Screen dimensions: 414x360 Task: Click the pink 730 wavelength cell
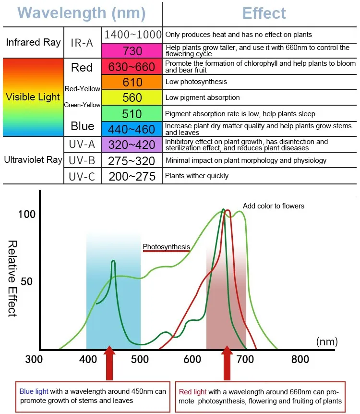[132, 50]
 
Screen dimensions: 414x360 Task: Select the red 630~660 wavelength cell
[132, 67]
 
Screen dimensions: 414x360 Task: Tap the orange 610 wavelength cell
[132, 82]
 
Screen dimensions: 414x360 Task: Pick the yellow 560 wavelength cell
[132, 98]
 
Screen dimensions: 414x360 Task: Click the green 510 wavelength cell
[132, 114]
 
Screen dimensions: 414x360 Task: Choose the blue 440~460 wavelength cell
[132, 129]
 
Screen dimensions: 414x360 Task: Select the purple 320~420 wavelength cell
[132, 145]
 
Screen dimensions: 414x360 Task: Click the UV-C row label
[82, 176]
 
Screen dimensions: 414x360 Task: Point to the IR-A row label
[82, 42]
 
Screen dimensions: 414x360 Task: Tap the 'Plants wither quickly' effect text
[197, 176]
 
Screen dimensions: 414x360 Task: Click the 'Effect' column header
[264, 13]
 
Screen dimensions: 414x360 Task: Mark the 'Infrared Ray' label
[33, 42]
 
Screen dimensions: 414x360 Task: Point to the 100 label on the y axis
[26, 214]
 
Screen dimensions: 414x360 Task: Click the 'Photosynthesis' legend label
[166, 247]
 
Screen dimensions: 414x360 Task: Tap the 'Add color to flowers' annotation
[274, 206]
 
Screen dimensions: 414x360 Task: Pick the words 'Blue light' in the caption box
[34, 391]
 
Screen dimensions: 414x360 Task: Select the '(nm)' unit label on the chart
[327, 341]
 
